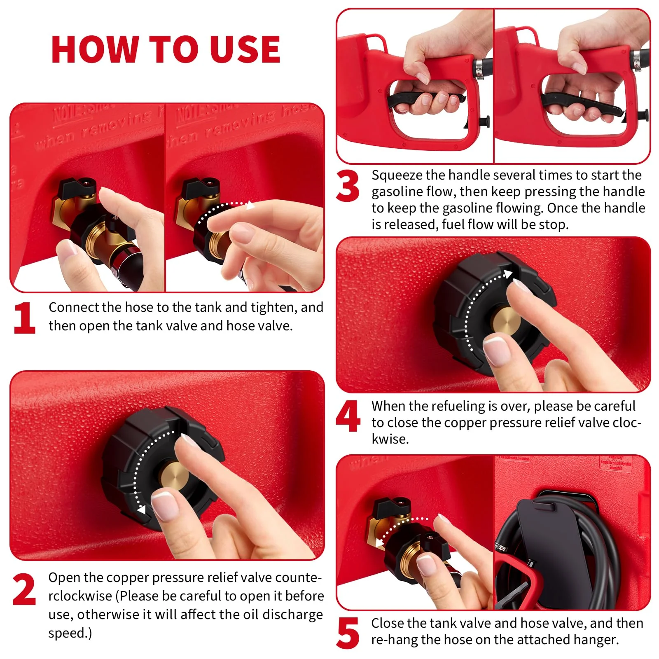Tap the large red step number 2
pyautogui.click(x=24, y=590)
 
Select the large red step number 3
pyautogui.click(x=348, y=186)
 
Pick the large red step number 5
pyautogui.click(x=348, y=633)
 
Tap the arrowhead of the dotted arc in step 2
pyautogui.click(x=141, y=510)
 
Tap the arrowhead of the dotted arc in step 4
pyautogui.click(x=508, y=274)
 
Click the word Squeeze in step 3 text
pyautogui.click(x=397, y=175)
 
